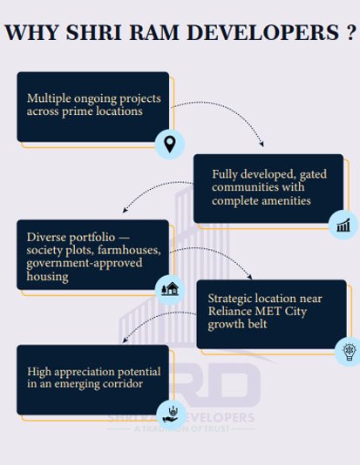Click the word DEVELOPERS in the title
pyautogui.click(x=263, y=32)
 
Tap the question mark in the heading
pyautogui.click(x=350, y=32)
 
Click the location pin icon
pyautogui.click(x=170, y=145)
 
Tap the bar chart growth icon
pyautogui.click(x=343, y=225)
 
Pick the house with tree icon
pyautogui.click(x=170, y=289)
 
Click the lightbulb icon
pyautogui.click(x=350, y=352)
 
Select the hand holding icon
pyautogui.click(x=171, y=414)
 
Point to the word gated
pyautogui.click(x=313, y=174)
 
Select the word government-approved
pyautogui.click(x=85, y=263)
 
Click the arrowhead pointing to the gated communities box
pyautogui.click(x=262, y=145)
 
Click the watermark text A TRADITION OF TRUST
pyautogui.click(x=181, y=428)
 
